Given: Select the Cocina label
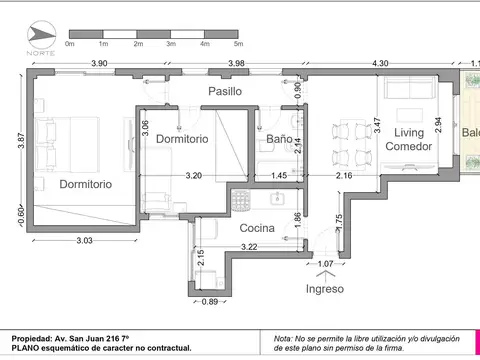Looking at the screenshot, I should [258, 227].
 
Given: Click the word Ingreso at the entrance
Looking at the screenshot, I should [324, 288].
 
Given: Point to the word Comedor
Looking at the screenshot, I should [410, 147].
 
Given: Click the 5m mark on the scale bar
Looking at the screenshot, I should [238, 45].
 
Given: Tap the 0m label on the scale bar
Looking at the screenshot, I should [70, 45].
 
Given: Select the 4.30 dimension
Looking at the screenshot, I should [380, 64].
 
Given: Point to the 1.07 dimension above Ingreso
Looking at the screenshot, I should [324, 265].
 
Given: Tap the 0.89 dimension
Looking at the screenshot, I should [209, 301].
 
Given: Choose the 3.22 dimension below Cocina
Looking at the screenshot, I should [249, 245].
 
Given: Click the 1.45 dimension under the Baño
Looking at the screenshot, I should [279, 175].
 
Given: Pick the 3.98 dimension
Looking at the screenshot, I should [236, 64].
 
